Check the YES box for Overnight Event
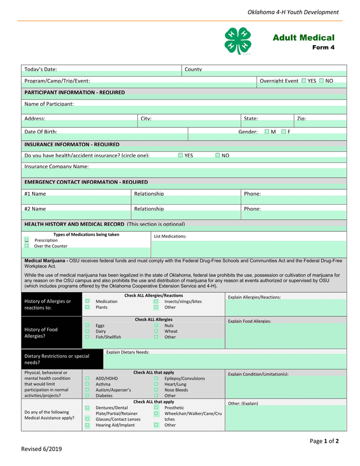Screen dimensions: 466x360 pos(304,81)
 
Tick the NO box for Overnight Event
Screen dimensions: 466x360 pos(322,81)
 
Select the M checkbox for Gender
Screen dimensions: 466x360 pos(267,132)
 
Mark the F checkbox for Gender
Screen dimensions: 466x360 pos(283,132)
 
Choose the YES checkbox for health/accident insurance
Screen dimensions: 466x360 pos(181,155)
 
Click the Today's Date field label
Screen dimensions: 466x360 pos(40,69)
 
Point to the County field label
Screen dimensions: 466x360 pos(193,69)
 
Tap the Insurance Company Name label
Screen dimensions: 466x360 pos(56,167)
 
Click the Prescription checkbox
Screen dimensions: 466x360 pos(26,240)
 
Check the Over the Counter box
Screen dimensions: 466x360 pos(26,246)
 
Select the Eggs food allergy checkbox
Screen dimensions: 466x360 pos(87,325)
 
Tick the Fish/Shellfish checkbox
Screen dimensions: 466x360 pos(87,337)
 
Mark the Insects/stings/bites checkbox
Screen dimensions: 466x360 pos(156,302)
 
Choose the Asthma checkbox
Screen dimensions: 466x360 pos(87,384)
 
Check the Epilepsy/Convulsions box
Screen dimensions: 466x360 pos(156,378)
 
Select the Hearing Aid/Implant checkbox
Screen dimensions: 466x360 pos(87,425)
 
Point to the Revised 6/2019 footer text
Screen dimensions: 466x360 pos(42,449)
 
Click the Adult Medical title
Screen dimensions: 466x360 pos(303,38)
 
